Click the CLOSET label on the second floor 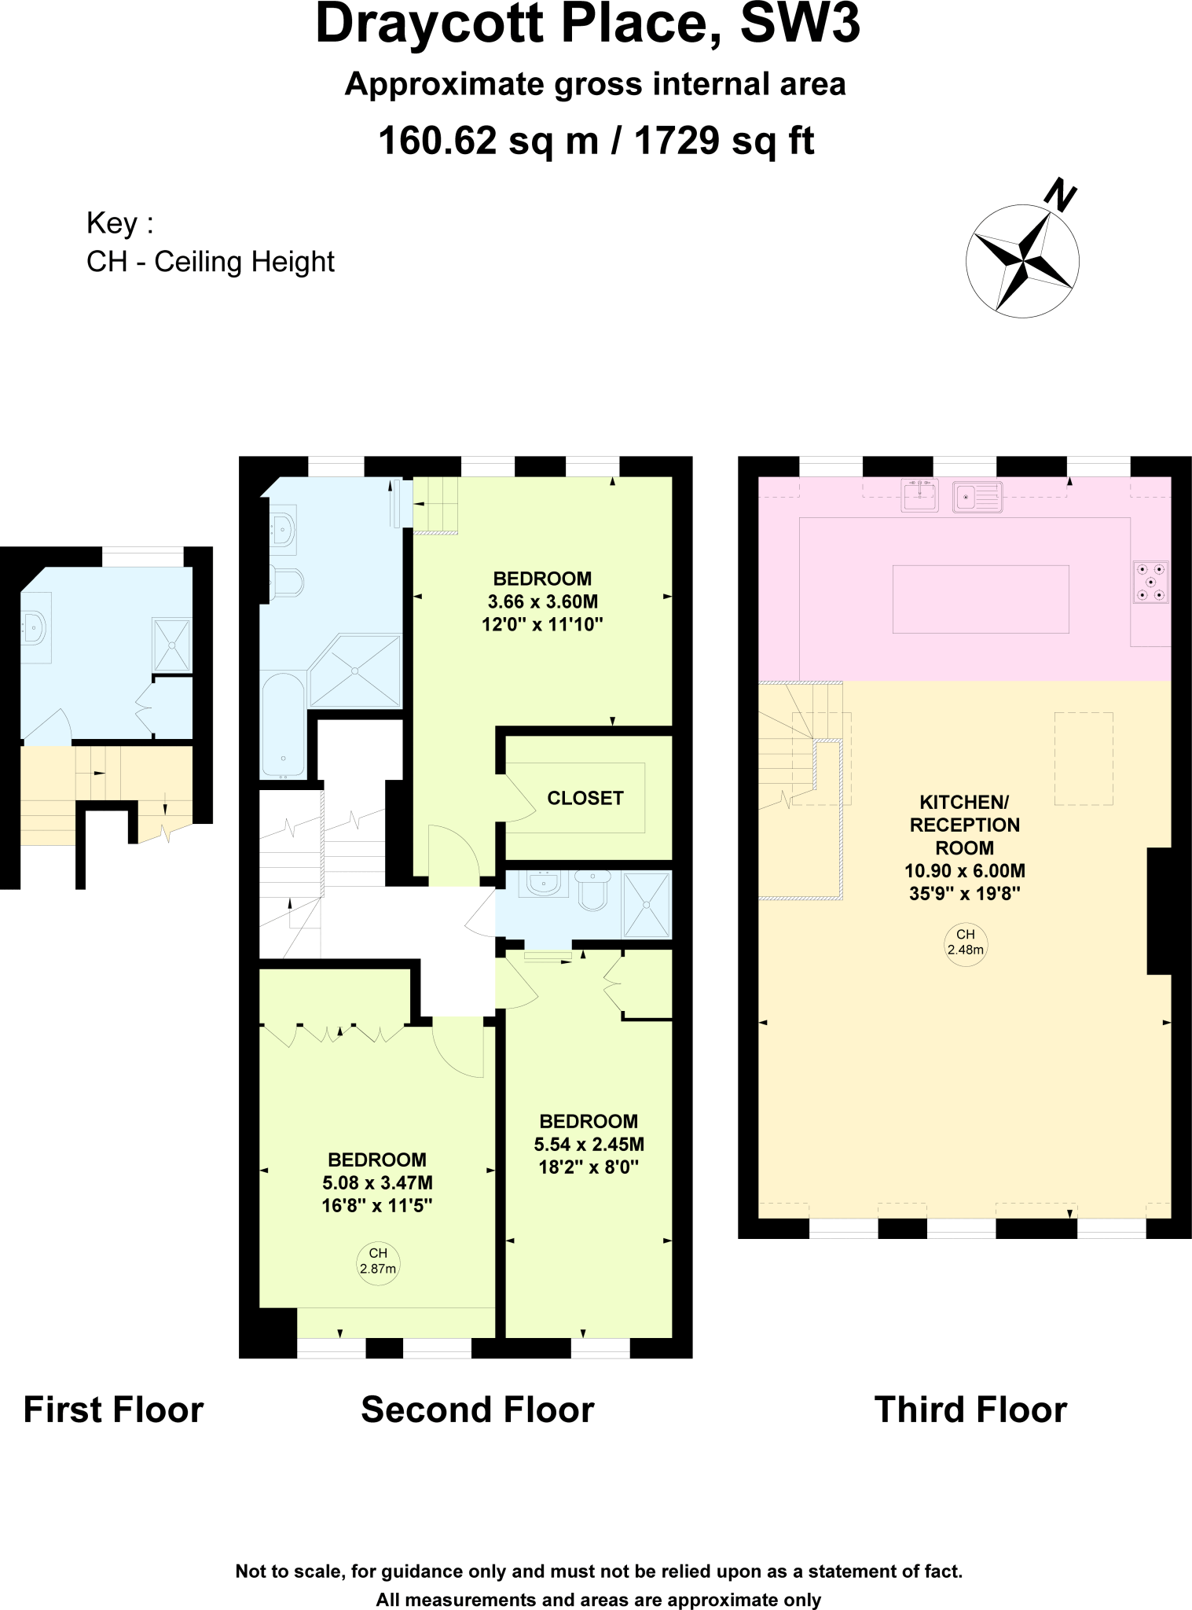pos(585,798)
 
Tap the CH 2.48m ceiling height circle pos(965,943)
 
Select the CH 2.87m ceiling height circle pos(378,1262)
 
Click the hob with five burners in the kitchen pos(1150,583)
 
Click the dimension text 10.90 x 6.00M pos(964,871)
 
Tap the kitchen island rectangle pos(980,599)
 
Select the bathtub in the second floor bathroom pos(282,725)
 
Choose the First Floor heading pos(113,1410)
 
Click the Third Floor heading pos(970,1410)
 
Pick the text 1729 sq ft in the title pos(724,142)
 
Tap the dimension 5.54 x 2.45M pos(589,1145)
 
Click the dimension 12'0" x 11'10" pos(542,625)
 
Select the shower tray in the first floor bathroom pos(171,645)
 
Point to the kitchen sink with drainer pos(977,497)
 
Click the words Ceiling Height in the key pos(244,262)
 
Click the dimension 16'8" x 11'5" pos(377,1206)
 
